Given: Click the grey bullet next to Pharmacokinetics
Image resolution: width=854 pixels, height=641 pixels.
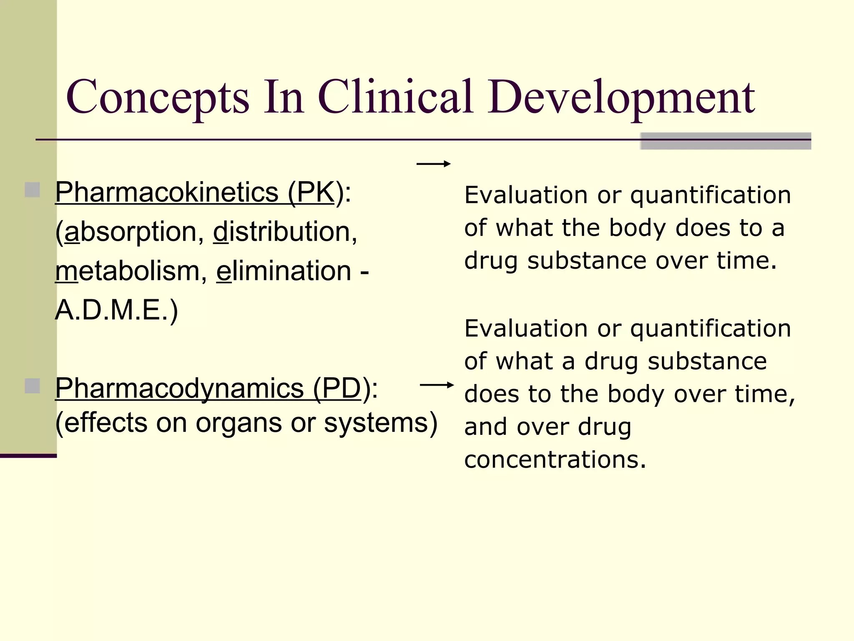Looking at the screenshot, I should (x=32, y=190).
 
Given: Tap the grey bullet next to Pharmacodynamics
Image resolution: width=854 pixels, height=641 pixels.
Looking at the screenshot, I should (x=32, y=386).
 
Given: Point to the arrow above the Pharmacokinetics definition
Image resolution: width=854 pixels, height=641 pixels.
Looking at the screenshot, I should (x=434, y=164).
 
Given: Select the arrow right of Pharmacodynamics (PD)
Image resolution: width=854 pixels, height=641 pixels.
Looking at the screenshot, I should (x=437, y=385).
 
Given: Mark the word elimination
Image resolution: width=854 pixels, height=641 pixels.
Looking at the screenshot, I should (x=284, y=271).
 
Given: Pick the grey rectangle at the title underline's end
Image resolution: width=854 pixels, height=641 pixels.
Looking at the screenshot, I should (x=726, y=141).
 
